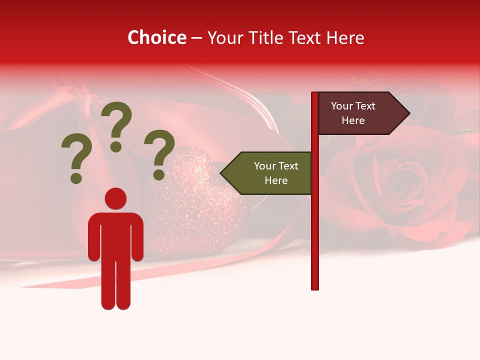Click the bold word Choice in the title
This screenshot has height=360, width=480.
pos(156,38)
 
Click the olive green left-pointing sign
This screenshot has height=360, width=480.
pos(270,173)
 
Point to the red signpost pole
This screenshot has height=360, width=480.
pos(314,225)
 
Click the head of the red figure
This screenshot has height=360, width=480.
pos(115,198)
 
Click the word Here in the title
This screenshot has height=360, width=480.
pos(345,38)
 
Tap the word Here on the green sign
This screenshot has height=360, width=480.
pos(276,180)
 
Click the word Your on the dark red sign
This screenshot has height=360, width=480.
pos(342,106)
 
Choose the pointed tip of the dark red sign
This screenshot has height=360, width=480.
pos(408,113)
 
